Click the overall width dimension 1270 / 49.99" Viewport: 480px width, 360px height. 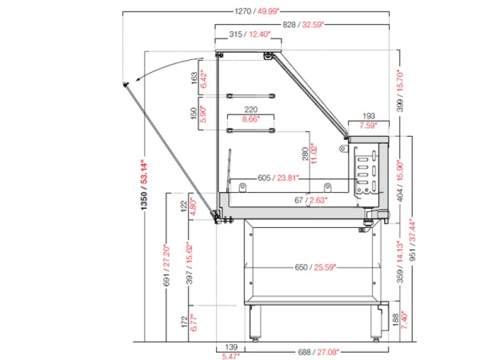(x=257, y=11)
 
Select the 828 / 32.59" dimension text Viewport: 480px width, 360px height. (x=303, y=25)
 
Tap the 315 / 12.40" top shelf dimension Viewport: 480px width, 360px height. (x=250, y=34)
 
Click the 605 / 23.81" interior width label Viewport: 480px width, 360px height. (x=278, y=178)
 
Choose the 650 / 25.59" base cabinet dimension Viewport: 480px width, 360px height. (x=316, y=267)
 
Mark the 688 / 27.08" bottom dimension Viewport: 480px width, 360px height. (x=319, y=352)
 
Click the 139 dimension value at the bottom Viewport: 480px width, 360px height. (x=231, y=347)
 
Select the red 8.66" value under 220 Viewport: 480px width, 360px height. (x=251, y=119)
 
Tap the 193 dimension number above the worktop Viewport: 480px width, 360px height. (x=368, y=116)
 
